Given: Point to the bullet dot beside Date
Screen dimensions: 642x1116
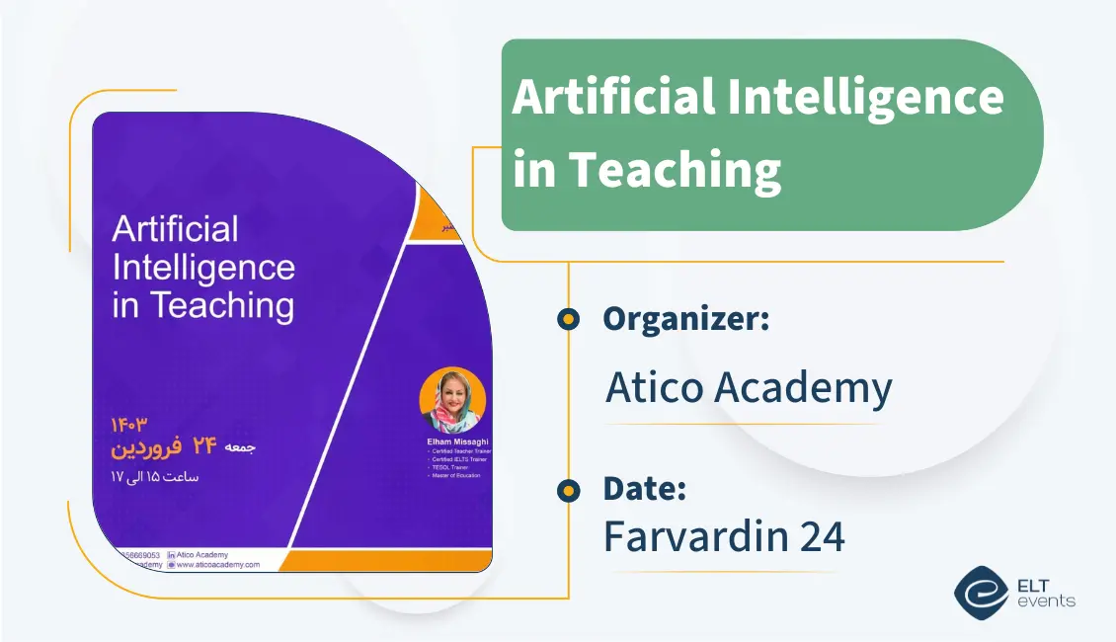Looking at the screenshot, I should coord(568,490).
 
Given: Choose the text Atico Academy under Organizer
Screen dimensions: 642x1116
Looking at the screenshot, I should coord(749,387).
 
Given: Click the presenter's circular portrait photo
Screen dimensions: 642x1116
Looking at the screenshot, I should coord(452,400).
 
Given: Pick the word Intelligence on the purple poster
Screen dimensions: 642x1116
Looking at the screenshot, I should coord(203,268).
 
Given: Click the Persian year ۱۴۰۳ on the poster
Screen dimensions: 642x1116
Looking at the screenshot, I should coord(128,425).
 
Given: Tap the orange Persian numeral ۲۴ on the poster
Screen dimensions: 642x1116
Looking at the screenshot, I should coord(204,446).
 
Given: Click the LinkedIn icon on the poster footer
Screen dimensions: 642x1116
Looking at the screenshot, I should coord(172,555).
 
